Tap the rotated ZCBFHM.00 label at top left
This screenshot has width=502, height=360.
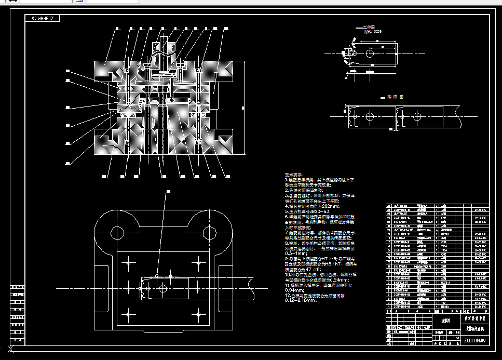coord(44,19)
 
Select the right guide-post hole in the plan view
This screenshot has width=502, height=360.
coord(209,231)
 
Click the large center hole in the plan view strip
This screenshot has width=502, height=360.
coord(163,288)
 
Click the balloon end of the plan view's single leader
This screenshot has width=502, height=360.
coord(168,193)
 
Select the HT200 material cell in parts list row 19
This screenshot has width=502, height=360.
coord(444,235)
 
